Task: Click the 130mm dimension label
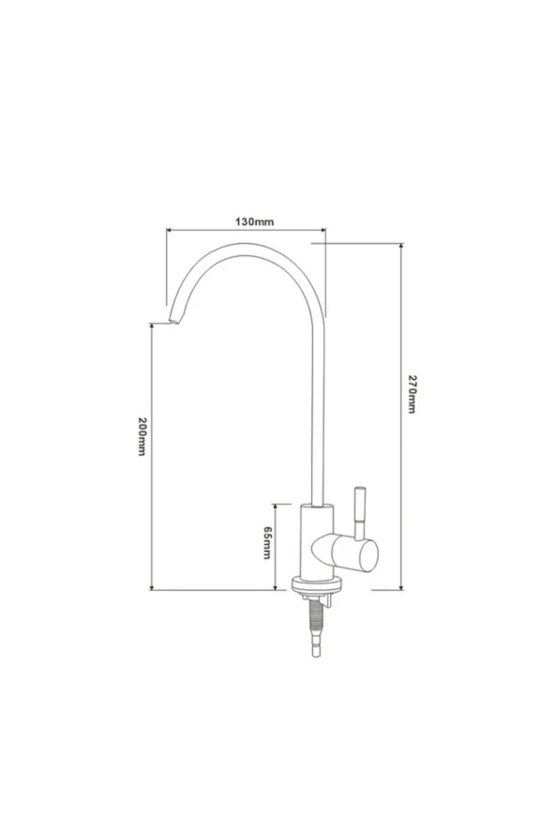[254, 221]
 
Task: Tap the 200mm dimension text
[142, 436]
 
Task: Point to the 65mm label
[267, 542]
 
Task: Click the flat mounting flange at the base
[318, 585]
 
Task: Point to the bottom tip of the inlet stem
[316, 657]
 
